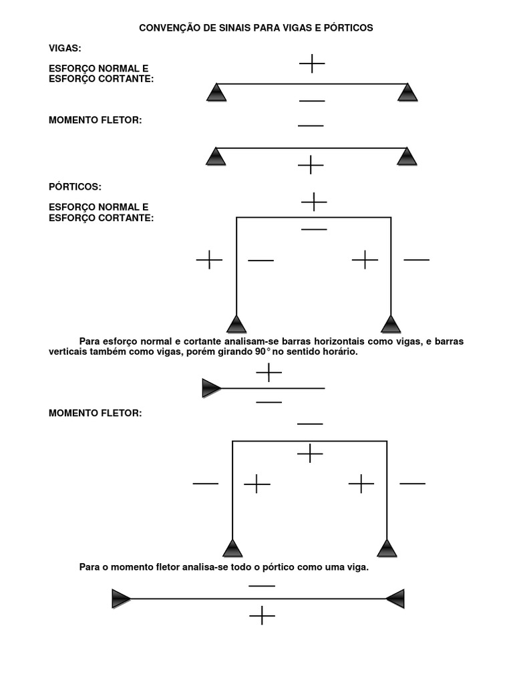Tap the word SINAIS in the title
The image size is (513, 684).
235,28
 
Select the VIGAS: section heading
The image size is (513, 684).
65,48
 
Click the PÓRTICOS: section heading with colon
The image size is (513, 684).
75,187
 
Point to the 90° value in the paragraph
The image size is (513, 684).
263,351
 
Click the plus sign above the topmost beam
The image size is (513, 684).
312,63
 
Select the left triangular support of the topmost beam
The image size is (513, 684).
216,92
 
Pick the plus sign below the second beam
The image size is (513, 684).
311,165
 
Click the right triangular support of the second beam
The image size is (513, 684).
407,156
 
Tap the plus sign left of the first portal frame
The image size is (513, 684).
209,260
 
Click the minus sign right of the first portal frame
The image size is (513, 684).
417,260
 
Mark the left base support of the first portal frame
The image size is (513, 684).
236,324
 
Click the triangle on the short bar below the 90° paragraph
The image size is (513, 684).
212,388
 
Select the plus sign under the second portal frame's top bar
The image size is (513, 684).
310,454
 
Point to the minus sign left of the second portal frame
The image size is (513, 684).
206,484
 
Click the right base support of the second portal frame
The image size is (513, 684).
387,548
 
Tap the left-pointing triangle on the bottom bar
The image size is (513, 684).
395,598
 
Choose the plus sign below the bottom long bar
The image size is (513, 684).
262,615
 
